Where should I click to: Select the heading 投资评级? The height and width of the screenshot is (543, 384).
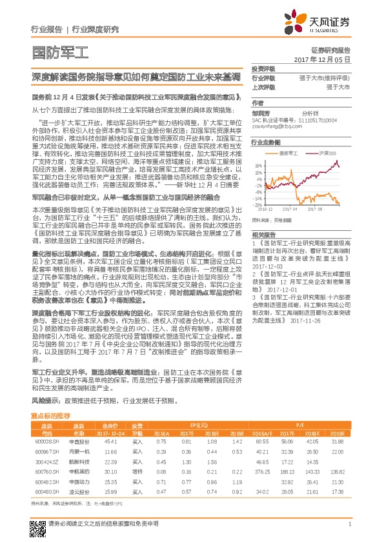pos(263,68)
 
